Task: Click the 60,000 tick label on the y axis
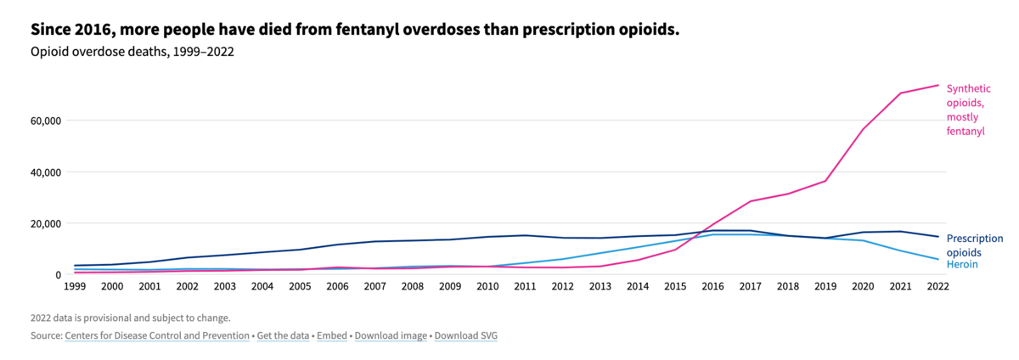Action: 45,121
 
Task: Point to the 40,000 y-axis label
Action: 45,172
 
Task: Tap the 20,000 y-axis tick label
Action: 45,224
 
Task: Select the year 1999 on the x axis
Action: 75,286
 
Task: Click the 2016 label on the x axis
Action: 712,286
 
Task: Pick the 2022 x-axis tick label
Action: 938,286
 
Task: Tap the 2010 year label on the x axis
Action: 487,286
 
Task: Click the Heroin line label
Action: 962,264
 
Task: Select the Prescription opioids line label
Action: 975,245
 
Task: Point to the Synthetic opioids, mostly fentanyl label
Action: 969,110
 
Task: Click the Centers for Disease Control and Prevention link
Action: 157,336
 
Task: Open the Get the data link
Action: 283,336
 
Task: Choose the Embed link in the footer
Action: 332,336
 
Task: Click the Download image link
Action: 391,336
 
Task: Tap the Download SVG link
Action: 466,336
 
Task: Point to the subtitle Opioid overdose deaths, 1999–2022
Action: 132,52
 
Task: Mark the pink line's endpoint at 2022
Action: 938,85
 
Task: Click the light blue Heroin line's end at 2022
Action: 938,260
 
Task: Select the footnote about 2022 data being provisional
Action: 131,318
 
